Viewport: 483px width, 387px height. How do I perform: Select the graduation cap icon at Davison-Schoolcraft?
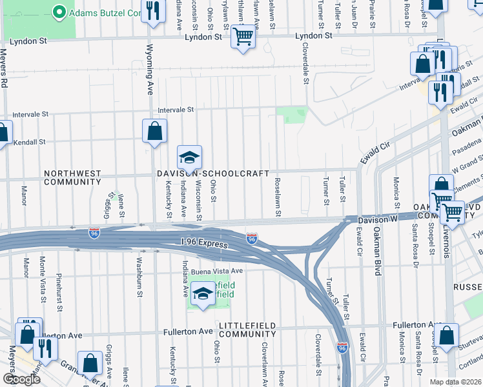click(x=189, y=157)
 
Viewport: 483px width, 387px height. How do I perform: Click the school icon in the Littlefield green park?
click(x=202, y=294)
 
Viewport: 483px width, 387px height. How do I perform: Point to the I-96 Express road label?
click(x=205, y=245)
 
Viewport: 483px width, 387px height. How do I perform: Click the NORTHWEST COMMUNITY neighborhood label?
click(x=72, y=177)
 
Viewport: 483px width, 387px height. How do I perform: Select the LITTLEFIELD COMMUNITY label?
click(x=247, y=329)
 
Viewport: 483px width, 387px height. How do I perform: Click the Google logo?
click(x=21, y=379)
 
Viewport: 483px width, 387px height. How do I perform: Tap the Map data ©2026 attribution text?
click(x=455, y=382)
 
